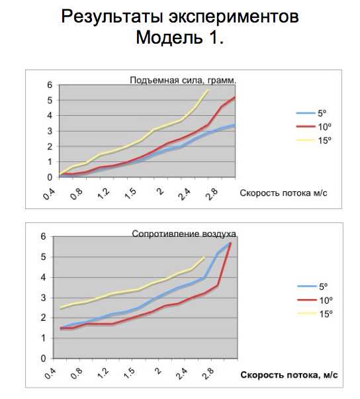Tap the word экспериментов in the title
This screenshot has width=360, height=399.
(234, 17)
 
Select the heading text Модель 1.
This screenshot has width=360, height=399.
(180, 38)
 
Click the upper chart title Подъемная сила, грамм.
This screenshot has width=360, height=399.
(183, 81)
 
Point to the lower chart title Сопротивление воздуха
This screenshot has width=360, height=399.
(184, 234)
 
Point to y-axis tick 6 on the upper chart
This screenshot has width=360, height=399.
(50, 85)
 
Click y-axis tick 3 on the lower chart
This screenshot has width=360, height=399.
(43, 298)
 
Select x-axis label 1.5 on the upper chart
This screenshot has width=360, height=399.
(130, 194)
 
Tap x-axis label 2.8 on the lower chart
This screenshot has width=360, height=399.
(208, 373)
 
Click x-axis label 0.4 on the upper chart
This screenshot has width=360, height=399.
(48, 194)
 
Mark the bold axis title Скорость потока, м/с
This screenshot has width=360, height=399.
(289, 375)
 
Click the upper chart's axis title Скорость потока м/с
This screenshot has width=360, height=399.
(283, 193)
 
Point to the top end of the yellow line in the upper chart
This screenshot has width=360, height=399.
(208, 91)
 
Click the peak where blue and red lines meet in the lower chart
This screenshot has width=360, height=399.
(230, 243)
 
